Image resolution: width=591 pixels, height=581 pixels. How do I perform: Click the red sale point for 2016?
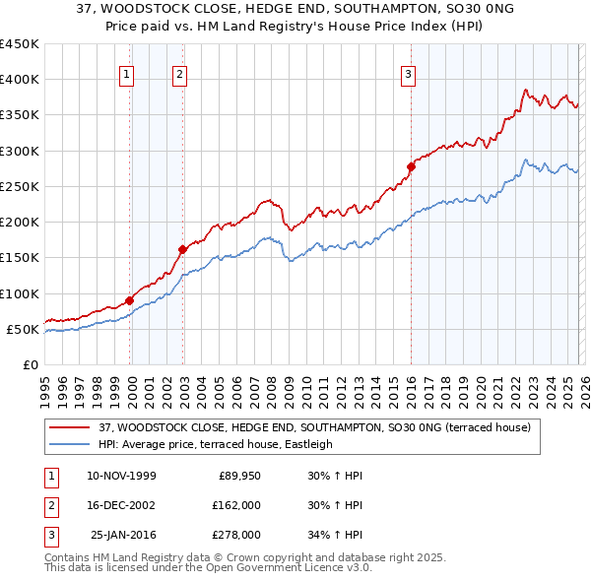411,166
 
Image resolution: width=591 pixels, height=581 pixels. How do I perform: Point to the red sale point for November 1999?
129,300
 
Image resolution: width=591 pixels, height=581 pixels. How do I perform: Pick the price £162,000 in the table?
236,505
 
